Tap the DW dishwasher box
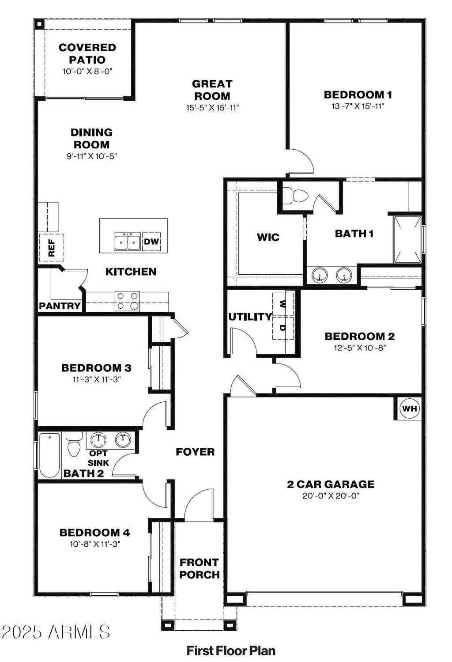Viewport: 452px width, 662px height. (x=151, y=242)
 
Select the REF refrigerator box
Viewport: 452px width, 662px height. (x=51, y=247)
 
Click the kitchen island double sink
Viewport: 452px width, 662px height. (x=127, y=242)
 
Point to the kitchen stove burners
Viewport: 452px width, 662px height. (x=127, y=301)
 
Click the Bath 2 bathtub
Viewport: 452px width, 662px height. (x=49, y=455)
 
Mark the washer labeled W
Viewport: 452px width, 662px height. (x=283, y=304)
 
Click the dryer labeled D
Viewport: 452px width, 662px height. (x=283, y=328)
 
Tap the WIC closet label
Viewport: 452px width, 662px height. (x=268, y=237)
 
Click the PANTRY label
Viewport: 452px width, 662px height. (x=60, y=306)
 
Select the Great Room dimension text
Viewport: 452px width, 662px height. (x=212, y=107)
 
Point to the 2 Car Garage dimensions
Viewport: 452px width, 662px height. (x=331, y=496)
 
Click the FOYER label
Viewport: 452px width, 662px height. (x=195, y=452)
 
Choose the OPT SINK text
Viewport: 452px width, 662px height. (x=98, y=458)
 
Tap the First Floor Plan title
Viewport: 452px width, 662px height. (x=231, y=651)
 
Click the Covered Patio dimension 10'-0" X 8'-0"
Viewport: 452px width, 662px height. (x=87, y=71)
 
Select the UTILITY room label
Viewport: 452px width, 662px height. (x=250, y=317)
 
